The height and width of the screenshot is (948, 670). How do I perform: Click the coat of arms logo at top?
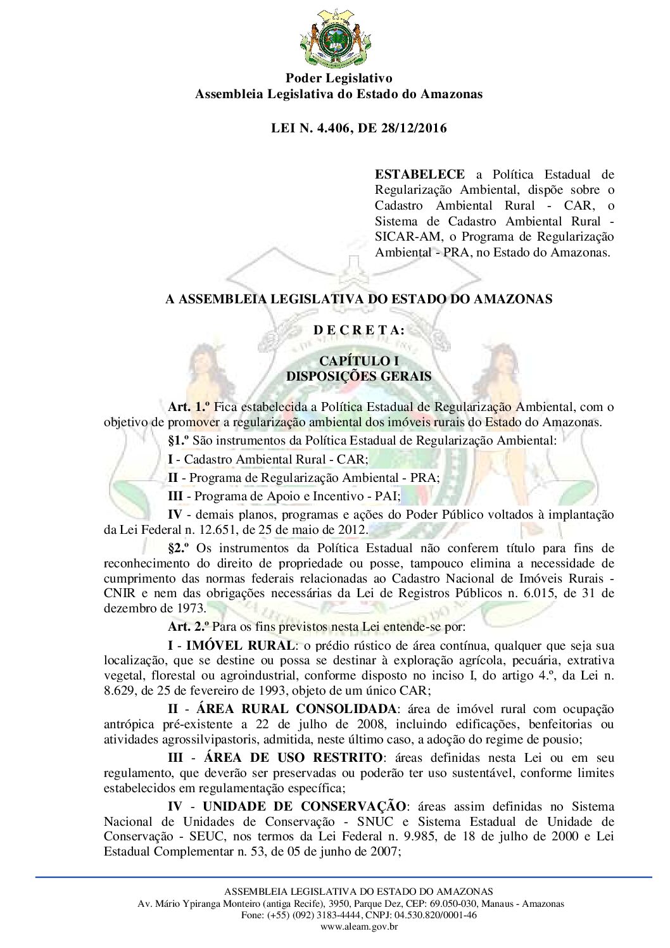[334, 38]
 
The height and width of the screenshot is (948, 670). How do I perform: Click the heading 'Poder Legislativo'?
[339, 79]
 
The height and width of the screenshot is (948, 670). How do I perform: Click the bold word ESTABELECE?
[419, 174]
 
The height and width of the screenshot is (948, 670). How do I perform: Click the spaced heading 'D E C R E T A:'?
[358, 330]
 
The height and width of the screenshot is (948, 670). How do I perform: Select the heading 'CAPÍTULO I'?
[358, 361]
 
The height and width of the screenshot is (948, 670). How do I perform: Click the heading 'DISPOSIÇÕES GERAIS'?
[358, 376]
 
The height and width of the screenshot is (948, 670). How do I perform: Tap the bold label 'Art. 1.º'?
[189, 407]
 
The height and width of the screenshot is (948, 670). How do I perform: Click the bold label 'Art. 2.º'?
[189, 627]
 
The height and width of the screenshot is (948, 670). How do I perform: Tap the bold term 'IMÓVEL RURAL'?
[240, 646]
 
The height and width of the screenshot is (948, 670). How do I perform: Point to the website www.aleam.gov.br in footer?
[358, 926]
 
